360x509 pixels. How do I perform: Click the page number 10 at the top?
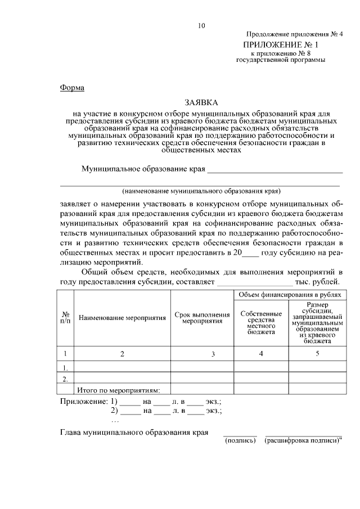(201, 25)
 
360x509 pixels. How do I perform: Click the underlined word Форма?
(71, 88)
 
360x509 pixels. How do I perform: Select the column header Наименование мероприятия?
(123, 318)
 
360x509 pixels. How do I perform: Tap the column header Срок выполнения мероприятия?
(202, 318)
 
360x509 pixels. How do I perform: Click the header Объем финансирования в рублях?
(289, 295)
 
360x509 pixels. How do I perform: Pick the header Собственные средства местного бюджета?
(261, 322)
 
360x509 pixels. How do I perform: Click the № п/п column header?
(66, 318)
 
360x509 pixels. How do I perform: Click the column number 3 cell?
(213, 354)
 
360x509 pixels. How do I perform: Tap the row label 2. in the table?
(66, 378)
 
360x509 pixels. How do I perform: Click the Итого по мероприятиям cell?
(119, 390)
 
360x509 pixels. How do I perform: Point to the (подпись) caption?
(240, 442)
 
